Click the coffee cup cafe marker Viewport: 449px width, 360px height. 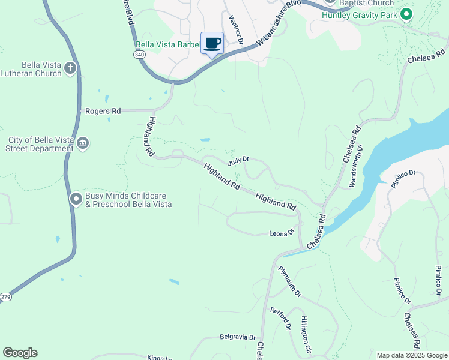212,43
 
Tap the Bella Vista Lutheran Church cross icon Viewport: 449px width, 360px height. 71,68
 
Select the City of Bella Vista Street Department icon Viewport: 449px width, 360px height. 83,143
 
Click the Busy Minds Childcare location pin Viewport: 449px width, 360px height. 76,199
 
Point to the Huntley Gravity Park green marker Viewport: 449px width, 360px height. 406,13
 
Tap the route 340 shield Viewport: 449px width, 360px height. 140,55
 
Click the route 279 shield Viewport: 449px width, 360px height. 5,297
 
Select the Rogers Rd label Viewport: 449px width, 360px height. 103,111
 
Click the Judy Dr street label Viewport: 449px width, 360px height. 238,161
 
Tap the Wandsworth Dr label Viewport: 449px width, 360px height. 355,164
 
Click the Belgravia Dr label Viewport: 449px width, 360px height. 238,337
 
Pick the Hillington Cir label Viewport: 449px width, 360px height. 306,334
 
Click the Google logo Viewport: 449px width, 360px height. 20,353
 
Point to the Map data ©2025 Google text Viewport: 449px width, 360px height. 411,355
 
